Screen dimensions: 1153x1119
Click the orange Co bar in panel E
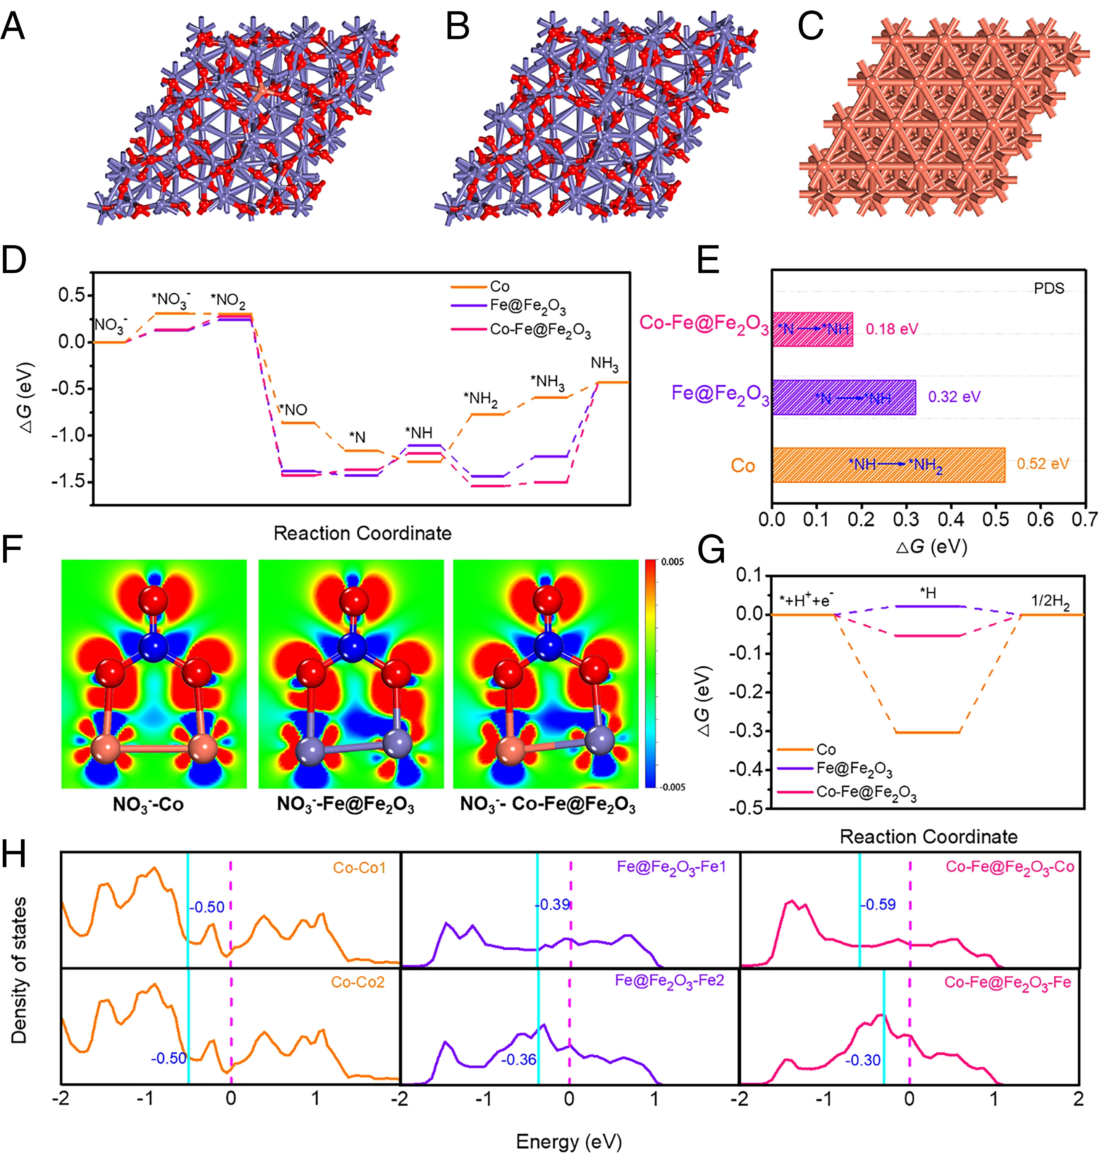coord(889,465)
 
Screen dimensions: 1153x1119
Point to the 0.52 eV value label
coord(1043,464)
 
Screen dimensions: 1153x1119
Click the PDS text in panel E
coord(1049,288)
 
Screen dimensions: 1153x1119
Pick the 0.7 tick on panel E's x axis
coord(1084,519)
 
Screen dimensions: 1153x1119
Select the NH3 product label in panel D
coord(604,364)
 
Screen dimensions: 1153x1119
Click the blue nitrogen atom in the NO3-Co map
coord(153,645)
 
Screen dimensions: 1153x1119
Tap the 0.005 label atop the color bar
coord(672,562)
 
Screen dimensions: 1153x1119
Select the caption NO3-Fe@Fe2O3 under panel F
coord(345,804)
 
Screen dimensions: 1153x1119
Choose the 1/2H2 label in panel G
coord(1050,601)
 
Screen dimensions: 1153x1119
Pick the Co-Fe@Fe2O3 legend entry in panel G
coord(865,792)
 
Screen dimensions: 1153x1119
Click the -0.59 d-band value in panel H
coord(878,904)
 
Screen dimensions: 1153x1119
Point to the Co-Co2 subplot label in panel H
coord(357,982)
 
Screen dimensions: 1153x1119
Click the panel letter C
coord(810,26)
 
